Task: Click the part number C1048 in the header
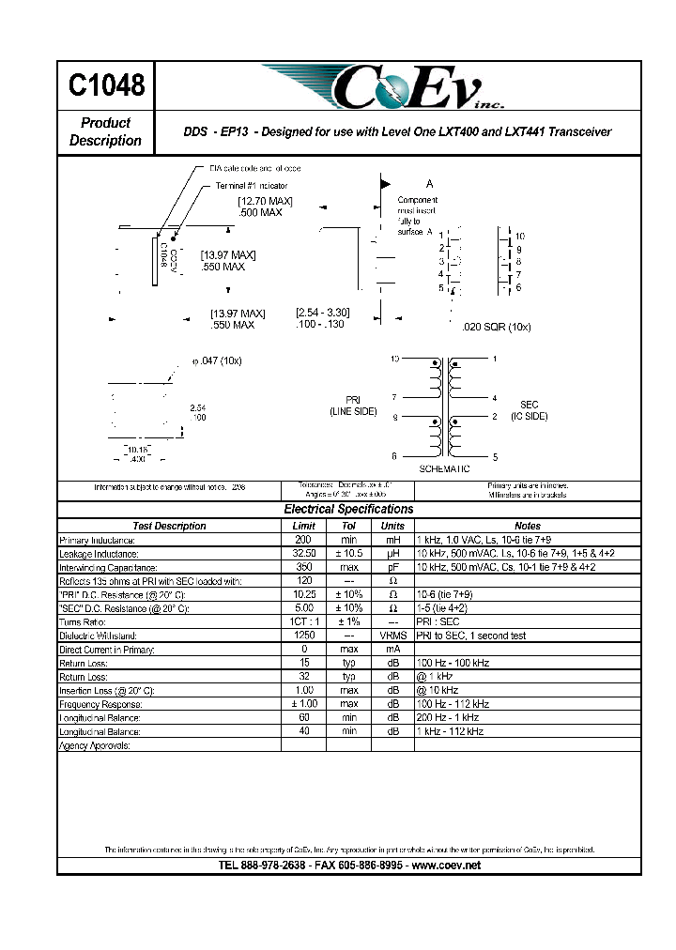click(x=106, y=86)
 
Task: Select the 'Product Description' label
click(x=105, y=131)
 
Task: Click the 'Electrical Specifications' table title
click(x=348, y=509)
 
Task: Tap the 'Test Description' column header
click(x=169, y=526)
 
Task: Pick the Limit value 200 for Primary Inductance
click(x=303, y=540)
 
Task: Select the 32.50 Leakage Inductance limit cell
click(x=303, y=554)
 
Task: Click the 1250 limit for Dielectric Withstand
click(x=303, y=636)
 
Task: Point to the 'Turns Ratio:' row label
click(x=84, y=622)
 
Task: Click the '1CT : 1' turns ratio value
click(x=303, y=622)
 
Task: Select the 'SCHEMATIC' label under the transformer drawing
click(x=444, y=468)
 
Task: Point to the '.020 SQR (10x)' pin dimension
click(x=497, y=326)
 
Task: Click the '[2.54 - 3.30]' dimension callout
click(x=322, y=313)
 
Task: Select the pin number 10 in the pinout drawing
click(x=520, y=237)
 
